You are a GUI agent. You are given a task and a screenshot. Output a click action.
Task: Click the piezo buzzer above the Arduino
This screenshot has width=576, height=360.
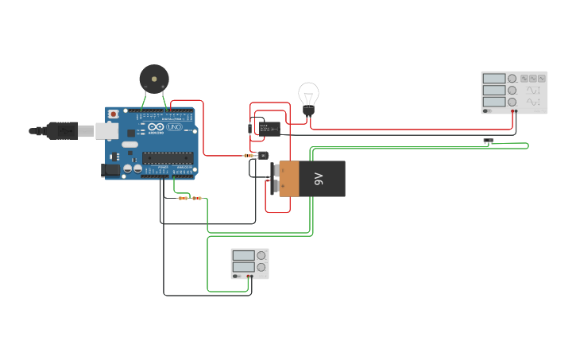tap(154, 78)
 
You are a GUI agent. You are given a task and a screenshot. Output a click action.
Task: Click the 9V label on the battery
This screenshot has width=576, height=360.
tap(319, 179)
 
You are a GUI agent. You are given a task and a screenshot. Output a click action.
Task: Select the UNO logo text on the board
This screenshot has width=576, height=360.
tap(175, 127)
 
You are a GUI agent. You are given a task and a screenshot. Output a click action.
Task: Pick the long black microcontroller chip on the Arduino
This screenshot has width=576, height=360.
tap(168, 157)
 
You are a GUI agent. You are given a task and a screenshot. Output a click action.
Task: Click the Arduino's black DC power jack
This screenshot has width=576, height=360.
tap(111, 169)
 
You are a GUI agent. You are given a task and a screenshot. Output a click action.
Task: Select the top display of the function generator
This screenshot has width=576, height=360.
tap(493, 79)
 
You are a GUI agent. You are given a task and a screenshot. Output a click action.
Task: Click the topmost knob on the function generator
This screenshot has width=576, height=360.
tap(512, 79)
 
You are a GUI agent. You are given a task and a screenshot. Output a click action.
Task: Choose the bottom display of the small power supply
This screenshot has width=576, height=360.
tap(243, 267)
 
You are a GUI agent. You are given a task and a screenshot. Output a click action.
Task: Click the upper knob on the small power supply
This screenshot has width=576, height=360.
tap(261, 255)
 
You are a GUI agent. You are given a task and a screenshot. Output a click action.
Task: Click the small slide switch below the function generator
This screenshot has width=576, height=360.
tap(488, 141)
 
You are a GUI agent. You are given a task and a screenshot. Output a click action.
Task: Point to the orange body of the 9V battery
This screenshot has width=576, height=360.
tap(288, 179)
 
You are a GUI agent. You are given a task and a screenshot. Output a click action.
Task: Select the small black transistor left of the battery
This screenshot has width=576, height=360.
tap(263, 156)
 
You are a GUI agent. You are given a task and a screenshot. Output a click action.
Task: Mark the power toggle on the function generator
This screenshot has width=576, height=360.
tap(487, 111)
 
